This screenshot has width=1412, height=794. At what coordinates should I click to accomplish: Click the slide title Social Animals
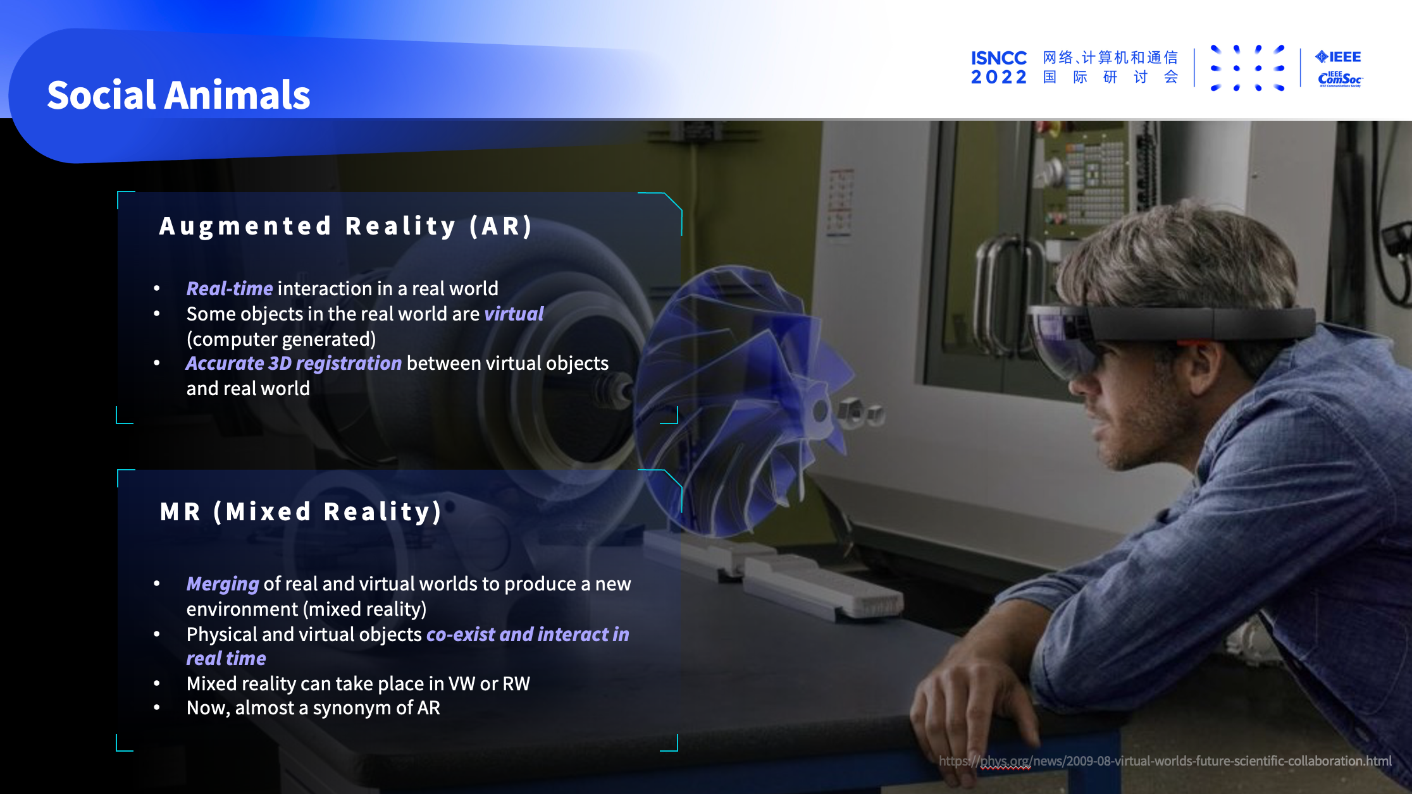178,95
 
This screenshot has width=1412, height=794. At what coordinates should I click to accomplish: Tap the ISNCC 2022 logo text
999,68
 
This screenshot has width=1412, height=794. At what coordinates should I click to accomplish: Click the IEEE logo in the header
1338,57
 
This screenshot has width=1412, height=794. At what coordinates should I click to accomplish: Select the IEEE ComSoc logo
1340,79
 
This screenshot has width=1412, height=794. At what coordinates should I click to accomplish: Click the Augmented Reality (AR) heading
345,226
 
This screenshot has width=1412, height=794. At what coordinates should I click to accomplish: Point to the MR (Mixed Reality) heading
300,511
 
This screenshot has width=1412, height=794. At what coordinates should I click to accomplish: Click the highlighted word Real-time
230,289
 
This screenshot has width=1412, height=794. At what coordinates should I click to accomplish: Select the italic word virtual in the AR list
514,314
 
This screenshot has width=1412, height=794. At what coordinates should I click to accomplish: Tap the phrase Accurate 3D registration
294,363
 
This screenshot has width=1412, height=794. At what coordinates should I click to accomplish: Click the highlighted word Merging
223,584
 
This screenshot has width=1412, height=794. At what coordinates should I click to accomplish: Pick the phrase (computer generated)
281,339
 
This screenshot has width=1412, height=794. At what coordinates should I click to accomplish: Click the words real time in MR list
226,659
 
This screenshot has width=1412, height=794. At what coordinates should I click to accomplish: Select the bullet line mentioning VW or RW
358,684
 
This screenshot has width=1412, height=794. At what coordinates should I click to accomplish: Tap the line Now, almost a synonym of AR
313,708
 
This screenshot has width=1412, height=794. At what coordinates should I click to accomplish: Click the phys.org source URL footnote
1165,761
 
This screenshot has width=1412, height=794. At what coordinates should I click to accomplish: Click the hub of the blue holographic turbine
821,411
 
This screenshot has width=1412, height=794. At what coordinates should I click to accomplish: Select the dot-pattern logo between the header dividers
1247,68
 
